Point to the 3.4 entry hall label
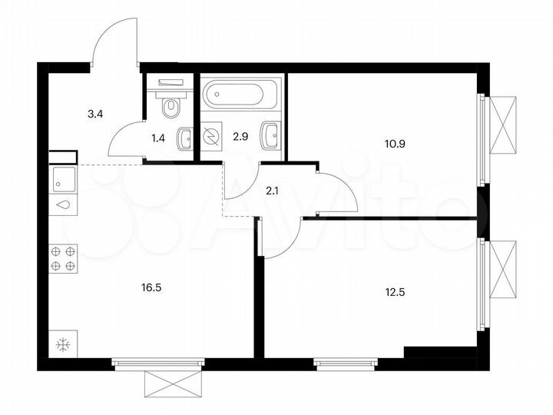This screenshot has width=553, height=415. [96, 115]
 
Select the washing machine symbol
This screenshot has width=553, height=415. [211, 136]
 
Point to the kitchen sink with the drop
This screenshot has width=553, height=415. [63, 206]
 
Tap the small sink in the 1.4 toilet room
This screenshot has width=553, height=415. [184, 139]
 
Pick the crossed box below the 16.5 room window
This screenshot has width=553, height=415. [174, 383]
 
